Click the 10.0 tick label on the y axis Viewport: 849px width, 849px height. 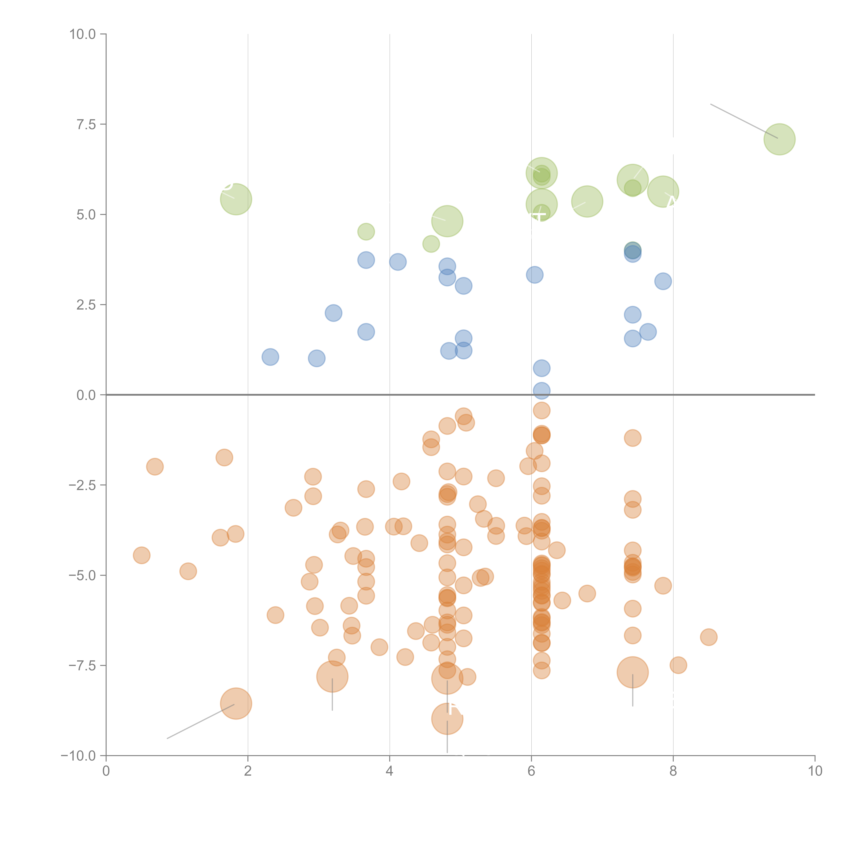click(83, 34)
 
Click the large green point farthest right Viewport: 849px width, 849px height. click(779, 139)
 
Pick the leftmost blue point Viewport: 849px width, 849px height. click(270, 357)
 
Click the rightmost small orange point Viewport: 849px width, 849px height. click(708, 637)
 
